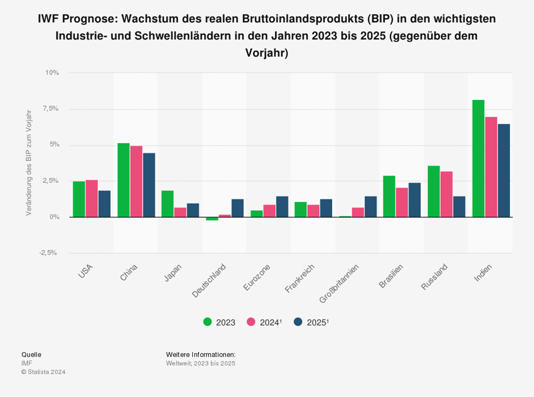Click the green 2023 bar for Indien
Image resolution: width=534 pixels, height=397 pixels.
tap(478, 158)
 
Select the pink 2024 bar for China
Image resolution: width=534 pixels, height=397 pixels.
tap(136, 181)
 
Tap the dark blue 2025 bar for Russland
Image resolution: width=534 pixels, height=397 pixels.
tap(459, 207)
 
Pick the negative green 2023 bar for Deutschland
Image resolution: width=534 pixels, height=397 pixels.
tap(212, 219)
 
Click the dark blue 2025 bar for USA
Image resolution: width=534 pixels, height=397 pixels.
tap(104, 204)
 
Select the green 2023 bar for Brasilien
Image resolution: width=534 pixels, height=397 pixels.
tap(389, 197)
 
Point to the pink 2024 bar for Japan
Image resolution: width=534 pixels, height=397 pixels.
tap(180, 212)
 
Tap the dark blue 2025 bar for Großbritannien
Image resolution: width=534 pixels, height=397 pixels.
tap(371, 207)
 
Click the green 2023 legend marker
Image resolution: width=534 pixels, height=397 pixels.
tap(207, 322)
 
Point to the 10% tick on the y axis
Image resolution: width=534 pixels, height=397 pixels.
tap(52, 73)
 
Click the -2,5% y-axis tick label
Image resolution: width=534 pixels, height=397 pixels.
tap(49, 253)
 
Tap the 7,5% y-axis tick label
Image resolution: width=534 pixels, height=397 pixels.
tap(50, 109)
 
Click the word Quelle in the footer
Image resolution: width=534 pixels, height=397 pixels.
tap(31, 354)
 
